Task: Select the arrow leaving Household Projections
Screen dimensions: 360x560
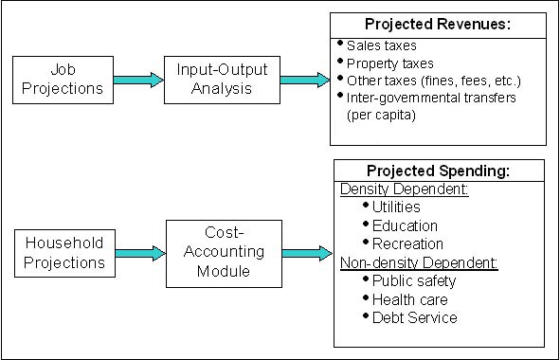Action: tap(140, 253)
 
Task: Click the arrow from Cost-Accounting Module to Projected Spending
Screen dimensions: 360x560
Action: tap(304, 253)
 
